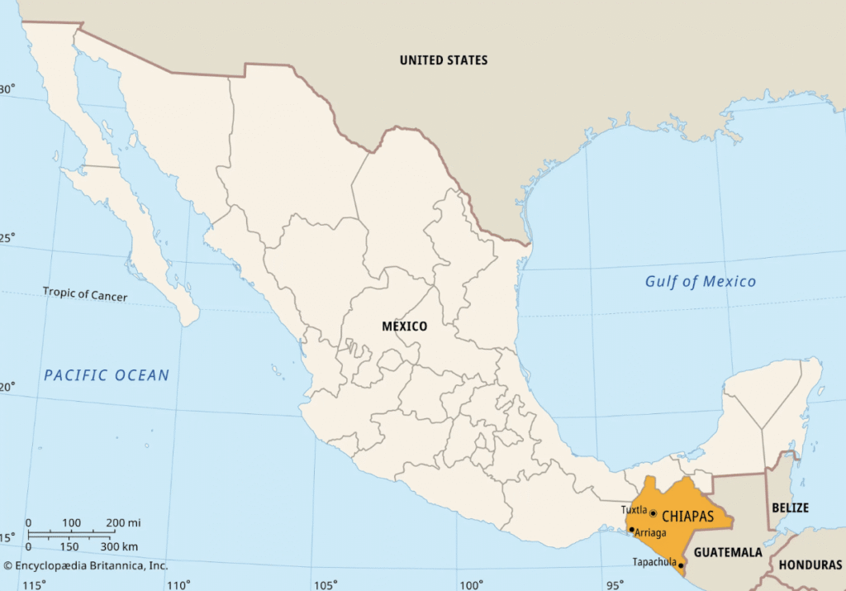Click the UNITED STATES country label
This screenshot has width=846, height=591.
point(444,60)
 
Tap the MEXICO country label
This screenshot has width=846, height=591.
point(404,326)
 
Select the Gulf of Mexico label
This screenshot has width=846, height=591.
point(700,282)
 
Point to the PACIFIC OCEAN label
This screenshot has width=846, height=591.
point(106,375)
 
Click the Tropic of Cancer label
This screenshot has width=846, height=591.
point(85,293)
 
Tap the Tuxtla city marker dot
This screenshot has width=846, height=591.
point(653,513)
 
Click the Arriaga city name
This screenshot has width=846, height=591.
point(651,532)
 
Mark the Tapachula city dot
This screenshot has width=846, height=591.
point(681,566)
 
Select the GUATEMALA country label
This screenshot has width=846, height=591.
point(727,552)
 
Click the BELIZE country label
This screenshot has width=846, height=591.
point(789,508)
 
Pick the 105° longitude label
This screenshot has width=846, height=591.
point(325,585)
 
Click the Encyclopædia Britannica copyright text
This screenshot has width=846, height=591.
point(85,566)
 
